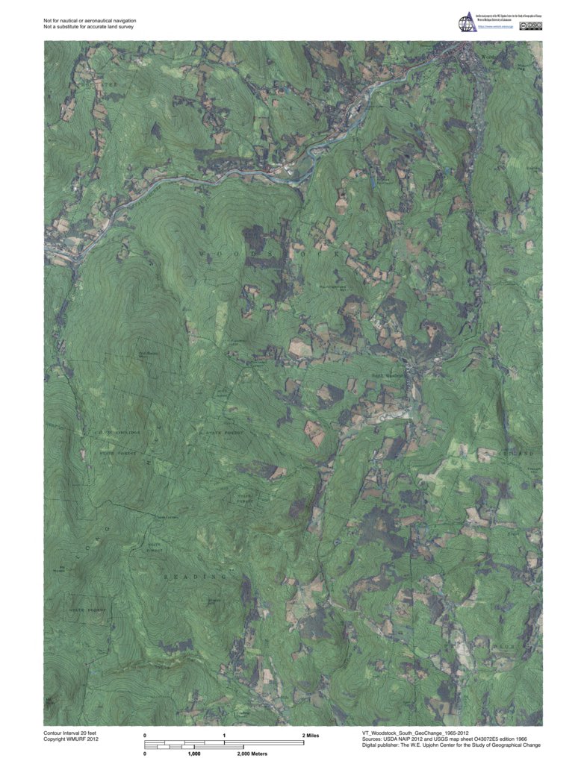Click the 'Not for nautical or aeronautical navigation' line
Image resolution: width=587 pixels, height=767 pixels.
pyautogui.click(x=90, y=21)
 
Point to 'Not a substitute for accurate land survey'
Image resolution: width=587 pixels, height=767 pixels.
pyautogui.click(x=89, y=28)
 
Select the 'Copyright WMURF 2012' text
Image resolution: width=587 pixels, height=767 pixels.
pyautogui.click(x=71, y=740)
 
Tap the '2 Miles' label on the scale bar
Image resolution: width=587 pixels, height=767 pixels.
pyautogui.click(x=310, y=736)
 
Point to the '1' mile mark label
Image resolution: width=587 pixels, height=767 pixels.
pyautogui.click(x=225, y=736)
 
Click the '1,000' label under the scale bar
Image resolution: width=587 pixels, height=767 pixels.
pyautogui.click(x=193, y=754)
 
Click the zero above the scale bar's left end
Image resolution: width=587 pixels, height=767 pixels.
pyautogui.click(x=145, y=736)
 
